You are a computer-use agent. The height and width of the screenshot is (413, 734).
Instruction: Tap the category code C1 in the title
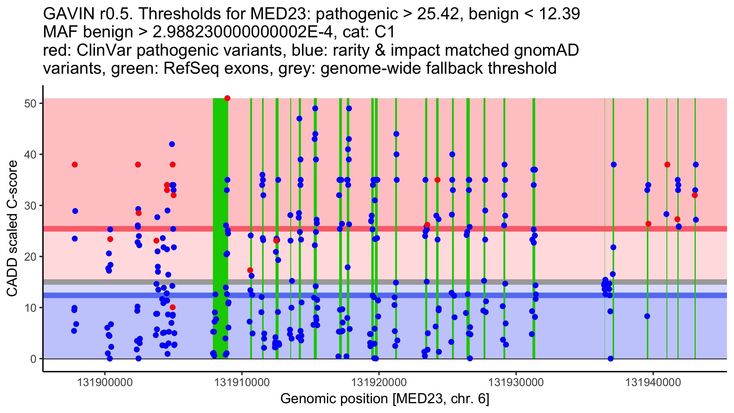(x=385, y=32)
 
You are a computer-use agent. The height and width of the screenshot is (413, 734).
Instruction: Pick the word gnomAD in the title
(x=546, y=50)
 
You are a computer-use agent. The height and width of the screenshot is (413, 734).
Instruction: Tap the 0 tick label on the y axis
(x=33, y=359)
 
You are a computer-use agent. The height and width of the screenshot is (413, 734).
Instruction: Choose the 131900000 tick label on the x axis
(x=105, y=382)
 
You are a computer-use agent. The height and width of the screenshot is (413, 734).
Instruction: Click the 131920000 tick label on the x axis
(x=379, y=382)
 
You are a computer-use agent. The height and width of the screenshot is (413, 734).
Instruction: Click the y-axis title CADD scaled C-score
(x=12, y=229)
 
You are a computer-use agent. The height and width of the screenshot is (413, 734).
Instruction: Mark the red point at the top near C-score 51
(x=227, y=98)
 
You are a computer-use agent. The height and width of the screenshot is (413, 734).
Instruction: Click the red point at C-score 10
(x=172, y=307)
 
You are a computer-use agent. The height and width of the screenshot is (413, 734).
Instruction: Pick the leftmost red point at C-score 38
(x=75, y=165)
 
